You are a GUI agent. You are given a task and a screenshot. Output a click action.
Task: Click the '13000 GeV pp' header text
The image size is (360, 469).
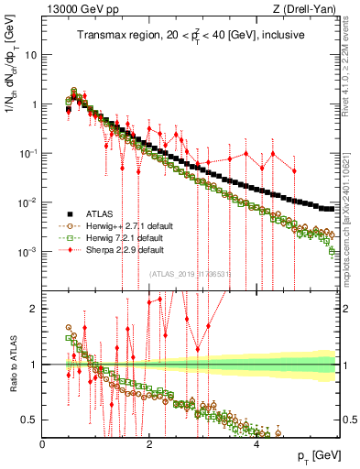pyautogui.click(x=73, y=9)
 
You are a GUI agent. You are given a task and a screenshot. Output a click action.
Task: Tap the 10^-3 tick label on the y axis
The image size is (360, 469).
pyautogui.click(x=27, y=252)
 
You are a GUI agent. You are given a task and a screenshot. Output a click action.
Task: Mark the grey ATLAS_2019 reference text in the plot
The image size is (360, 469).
pyautogui.click(x=191, y=274)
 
